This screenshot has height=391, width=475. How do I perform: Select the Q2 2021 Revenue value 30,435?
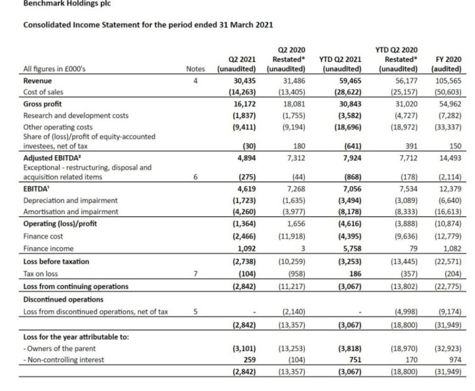(244, 81)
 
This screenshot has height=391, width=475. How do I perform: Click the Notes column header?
(195, 70)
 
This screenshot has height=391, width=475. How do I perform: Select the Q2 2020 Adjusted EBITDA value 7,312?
(294, 158)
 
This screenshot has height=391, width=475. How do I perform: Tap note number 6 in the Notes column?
(195, 177)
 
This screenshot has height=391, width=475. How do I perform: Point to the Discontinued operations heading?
(56, 299)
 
